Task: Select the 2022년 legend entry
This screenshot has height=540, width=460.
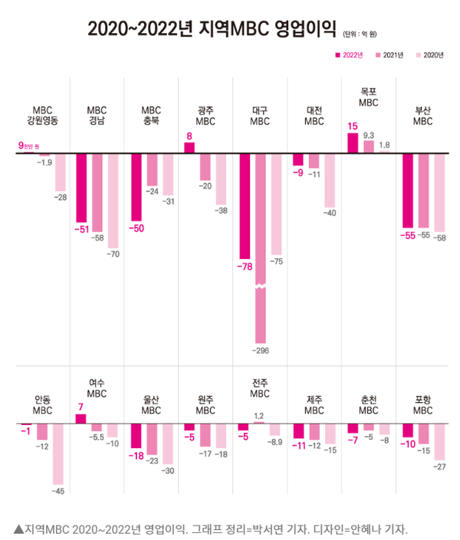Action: point(349,55)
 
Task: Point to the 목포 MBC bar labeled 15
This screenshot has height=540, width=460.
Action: point(353,142)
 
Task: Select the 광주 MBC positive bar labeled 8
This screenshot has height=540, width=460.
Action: point(189,147)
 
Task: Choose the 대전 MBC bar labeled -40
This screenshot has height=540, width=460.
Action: point(330,179)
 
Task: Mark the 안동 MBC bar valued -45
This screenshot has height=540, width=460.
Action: point(58,452)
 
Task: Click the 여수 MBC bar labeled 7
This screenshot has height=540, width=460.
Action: point(80,418)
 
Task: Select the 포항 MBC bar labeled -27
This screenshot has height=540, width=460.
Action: point(439,440)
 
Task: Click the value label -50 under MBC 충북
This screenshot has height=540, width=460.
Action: point(136,228)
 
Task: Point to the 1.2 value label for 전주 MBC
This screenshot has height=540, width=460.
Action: point(259,415)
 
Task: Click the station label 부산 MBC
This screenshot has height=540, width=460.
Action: point(422,115)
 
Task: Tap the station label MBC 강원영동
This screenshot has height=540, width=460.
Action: point(42,115)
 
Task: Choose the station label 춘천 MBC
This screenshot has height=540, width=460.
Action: point(369,404)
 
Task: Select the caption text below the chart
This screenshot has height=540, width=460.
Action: point(210,529)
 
